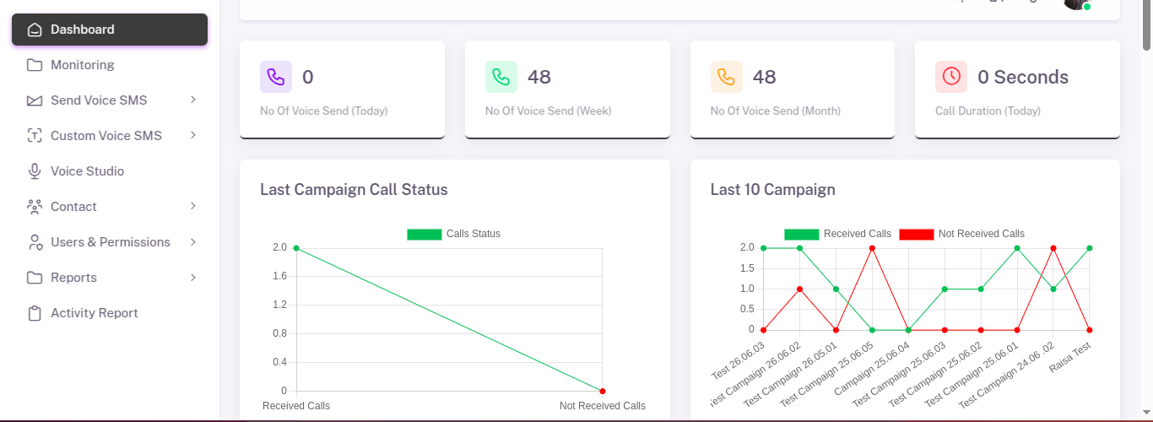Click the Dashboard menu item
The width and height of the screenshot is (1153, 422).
pyautogui.click(x=82, y=30)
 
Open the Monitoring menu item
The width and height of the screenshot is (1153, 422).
pyautogui.click(x=82, y=65)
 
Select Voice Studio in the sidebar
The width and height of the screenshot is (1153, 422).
pyautogui.click(x=87, y=171)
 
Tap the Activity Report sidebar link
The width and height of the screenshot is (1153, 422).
pyautogui.click(x=94, y=313)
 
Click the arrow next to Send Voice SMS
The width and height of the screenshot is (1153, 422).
pyautogui.click(x=193, y=100)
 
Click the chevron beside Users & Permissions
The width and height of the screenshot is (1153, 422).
pyautogui.click(x=193, y=242)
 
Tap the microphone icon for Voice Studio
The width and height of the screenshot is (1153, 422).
pyautogui.click(x=35, y=171)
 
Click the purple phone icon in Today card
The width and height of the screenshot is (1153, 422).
pyautogui.click(x=276, y=77)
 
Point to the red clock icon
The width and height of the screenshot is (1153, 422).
pyautogui.click(x=951, y=77)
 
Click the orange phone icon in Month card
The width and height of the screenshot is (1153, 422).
pyautogui.click(x=726, y=77)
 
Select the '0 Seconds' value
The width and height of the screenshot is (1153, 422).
pyautogui.click(x=1023, y=78)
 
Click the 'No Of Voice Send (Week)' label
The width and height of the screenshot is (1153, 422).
pyautogui.click(x=548, y=111)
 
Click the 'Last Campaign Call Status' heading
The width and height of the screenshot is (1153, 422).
pyautogui.click(x=354, y=190)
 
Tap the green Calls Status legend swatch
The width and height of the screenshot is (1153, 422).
pyautogui.click(x=424, y=234)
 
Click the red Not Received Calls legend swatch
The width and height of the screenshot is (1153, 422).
pyautogui.click(x=916, y=234)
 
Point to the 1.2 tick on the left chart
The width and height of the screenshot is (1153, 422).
pyautogui.click(x=279, y=305)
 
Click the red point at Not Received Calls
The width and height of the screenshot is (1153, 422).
pyautogui.click(x=603, y=391)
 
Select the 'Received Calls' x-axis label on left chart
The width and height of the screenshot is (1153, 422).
pyautogui.click(x=296, y=406)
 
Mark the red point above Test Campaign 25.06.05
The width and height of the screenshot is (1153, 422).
pyautogui.click(x=872, y=248)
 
